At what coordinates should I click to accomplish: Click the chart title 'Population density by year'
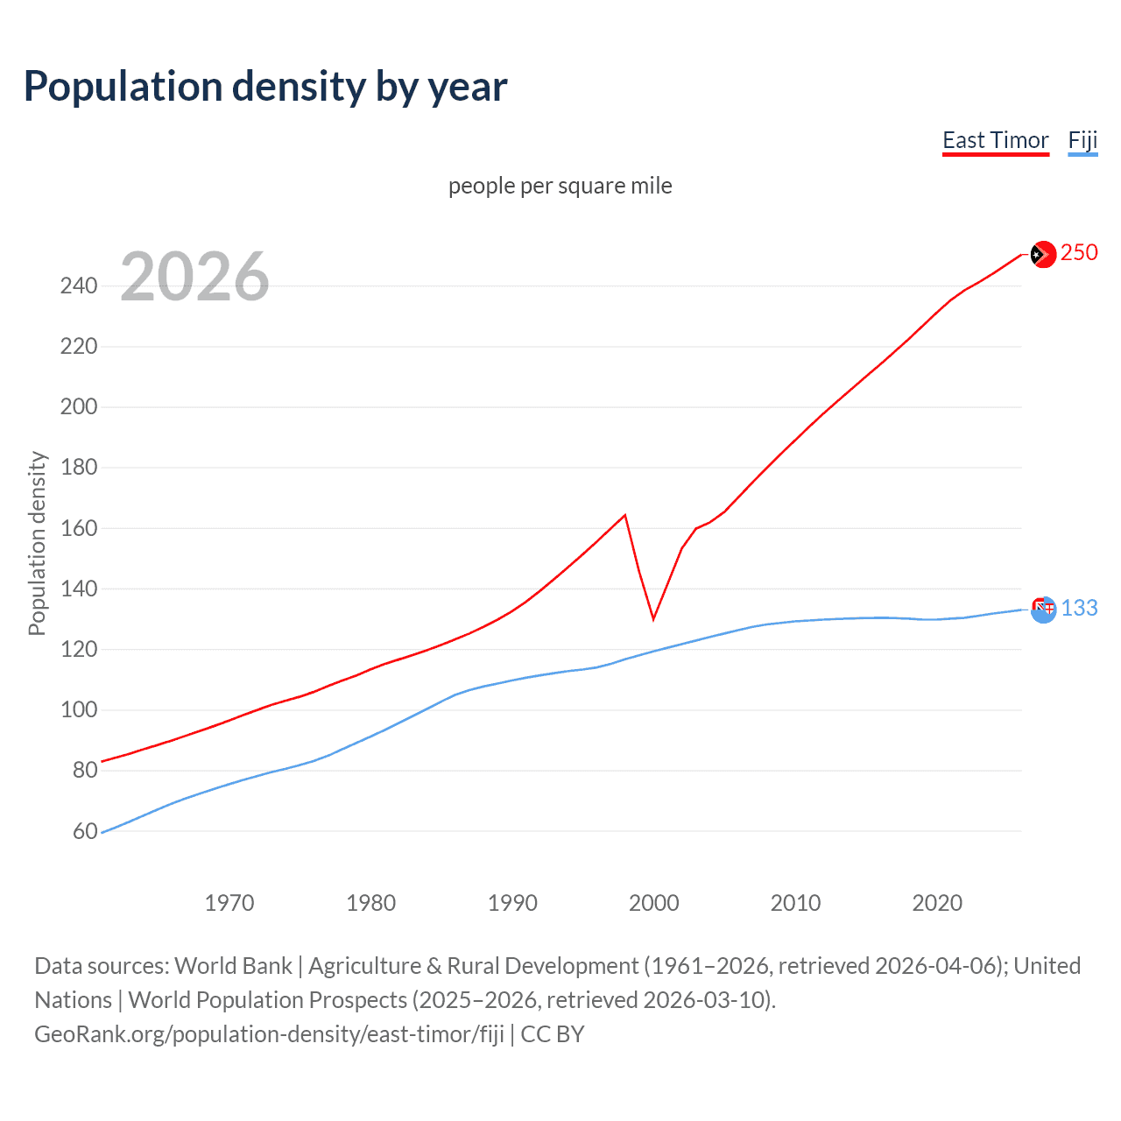click(265, 87)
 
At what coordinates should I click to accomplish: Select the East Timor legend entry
click(995, 140)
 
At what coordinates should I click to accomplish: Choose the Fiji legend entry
click(1082, 140)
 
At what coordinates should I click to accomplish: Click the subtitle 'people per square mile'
click(560, 186)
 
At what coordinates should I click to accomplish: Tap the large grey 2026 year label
click(194, 277)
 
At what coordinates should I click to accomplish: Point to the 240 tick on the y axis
click(79, 286)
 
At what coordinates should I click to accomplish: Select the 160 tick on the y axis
click(79, 528)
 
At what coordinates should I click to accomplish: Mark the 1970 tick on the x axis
click(229, 903)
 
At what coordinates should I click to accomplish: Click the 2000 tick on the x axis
click(653, 903)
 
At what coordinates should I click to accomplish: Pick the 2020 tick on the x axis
click(937, 903)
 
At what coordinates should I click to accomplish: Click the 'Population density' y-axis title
click(37, 543)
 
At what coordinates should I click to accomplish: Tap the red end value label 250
click(1079, 252)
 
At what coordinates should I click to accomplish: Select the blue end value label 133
click(1079, 608)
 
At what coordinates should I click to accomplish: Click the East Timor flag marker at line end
click(1042, 255)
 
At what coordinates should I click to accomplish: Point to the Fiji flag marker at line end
click(1043, 610)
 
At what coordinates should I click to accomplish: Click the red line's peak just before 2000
click(624, 515)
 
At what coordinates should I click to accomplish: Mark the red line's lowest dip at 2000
click(653, 618)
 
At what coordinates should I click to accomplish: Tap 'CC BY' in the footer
click(553, 1034)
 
